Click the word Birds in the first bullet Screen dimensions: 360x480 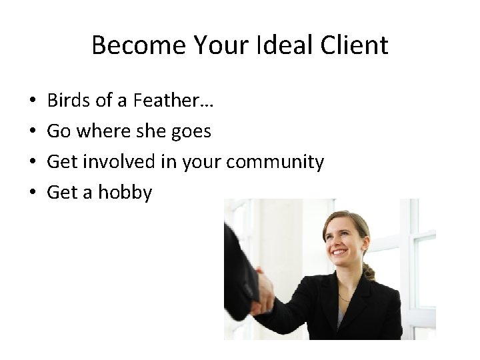(x=66, y=101)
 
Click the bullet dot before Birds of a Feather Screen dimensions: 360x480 (x=32, y=102)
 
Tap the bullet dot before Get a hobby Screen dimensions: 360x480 (x=32, y=193)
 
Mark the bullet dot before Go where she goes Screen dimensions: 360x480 (x=32, y=132)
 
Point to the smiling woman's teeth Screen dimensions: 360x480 (x=340, y=252)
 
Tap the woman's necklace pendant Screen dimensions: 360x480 (x=342, y=297)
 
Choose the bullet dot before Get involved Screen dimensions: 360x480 (x=32, y=163)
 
